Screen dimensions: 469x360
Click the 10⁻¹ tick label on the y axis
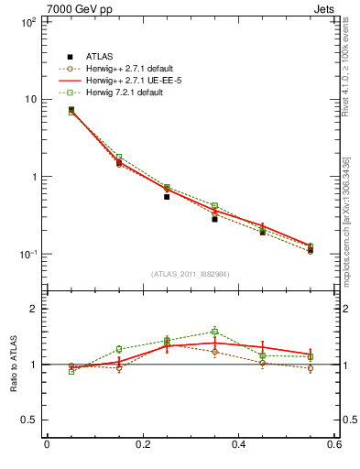(x=27, y=255)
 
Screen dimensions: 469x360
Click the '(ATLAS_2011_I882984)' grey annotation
(x=191, y=274)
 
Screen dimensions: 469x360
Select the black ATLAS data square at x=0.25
(x=167, y=197)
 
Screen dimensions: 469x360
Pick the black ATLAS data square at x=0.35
(x=214, y=219)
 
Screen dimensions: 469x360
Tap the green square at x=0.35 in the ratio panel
(x=214, y=332)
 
